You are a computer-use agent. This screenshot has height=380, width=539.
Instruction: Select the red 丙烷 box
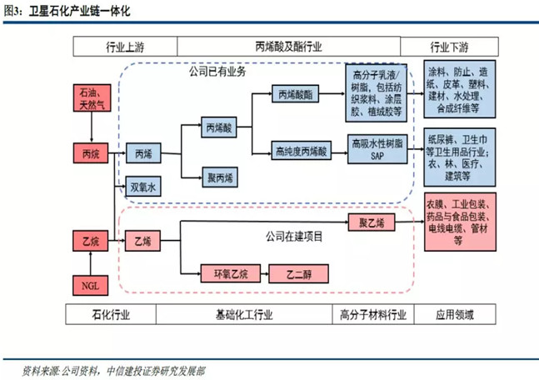point(90,154)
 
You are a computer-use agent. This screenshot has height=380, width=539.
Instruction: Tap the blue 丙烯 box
point(142,154)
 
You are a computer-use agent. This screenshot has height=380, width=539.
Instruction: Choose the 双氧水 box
point(142,186)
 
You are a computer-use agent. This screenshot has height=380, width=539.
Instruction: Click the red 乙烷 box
point(90,242)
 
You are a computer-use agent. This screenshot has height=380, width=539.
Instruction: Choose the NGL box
point(90,283)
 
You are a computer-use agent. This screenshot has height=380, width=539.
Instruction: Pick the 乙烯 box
point(142,242)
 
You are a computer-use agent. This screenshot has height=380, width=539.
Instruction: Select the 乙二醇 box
point(298,272)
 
